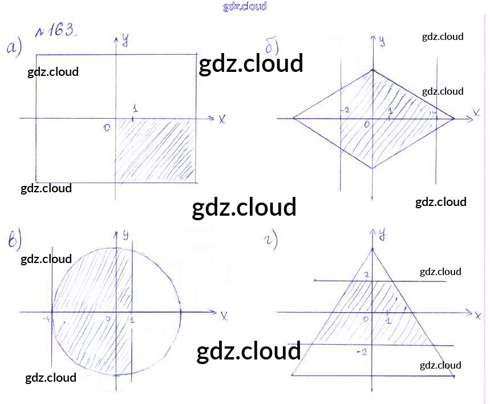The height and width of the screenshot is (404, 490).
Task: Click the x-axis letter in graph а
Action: coord(221,119)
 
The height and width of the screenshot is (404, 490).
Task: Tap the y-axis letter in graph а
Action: coord(125,39)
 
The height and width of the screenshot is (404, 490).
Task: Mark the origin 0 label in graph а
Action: coord(107,128)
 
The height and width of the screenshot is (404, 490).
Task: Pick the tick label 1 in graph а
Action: coord(135,108)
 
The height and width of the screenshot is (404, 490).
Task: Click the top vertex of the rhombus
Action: coord(372,70)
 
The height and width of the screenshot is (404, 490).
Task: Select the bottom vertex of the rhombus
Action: coord(372,168)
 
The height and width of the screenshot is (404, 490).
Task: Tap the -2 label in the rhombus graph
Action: coord(345,110)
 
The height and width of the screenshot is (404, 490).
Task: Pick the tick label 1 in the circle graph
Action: coord(132,321)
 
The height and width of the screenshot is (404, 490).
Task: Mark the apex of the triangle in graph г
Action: coord(372,249)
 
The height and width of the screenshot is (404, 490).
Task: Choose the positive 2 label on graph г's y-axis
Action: coord(366,275)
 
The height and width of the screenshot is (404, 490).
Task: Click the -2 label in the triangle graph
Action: coord(361,352)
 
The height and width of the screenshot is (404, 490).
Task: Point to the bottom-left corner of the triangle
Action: coord(292,375)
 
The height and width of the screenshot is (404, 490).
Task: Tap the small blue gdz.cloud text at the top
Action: coord(245,7)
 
